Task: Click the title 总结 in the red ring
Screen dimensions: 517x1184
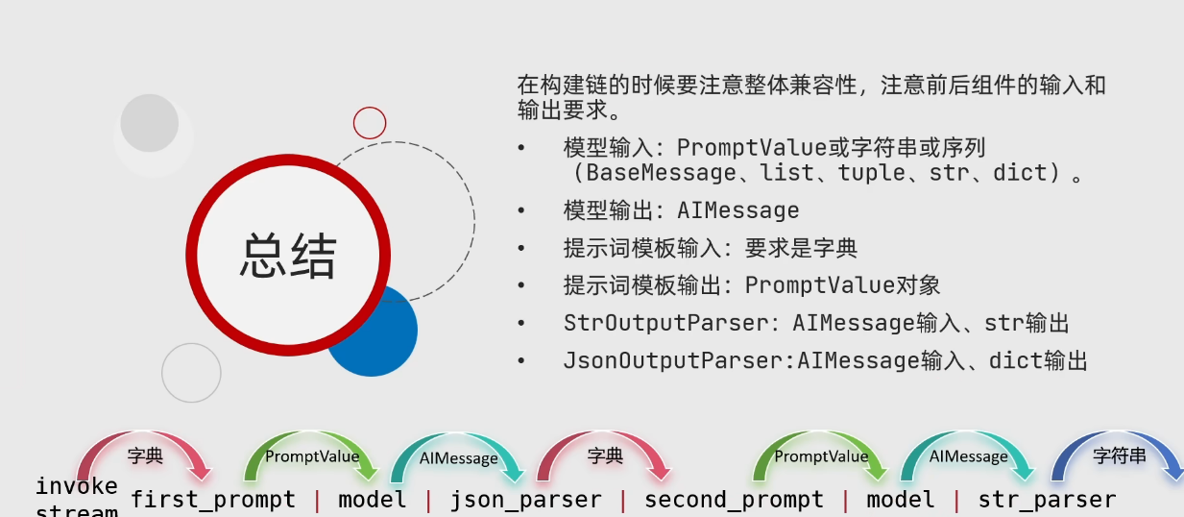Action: (287, 256)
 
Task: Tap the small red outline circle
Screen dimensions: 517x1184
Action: (370, 123)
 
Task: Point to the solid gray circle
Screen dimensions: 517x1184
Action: (150, 123)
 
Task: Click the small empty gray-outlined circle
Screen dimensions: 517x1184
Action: (191, 373)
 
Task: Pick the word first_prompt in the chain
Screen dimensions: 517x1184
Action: (213, 500)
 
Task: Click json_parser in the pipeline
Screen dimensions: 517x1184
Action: (526, 500)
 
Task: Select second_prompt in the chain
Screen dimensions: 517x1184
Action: (734, 500)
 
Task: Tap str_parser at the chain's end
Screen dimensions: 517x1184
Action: (1047, 500)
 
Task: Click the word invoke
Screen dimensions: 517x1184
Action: (77, 485)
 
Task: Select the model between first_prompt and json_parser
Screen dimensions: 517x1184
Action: (373, 500)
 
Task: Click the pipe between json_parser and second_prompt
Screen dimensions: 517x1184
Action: (623, 500)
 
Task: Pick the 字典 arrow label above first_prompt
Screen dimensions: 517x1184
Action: (145, 456)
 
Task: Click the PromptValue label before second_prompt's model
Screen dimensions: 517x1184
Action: (821, 456)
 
